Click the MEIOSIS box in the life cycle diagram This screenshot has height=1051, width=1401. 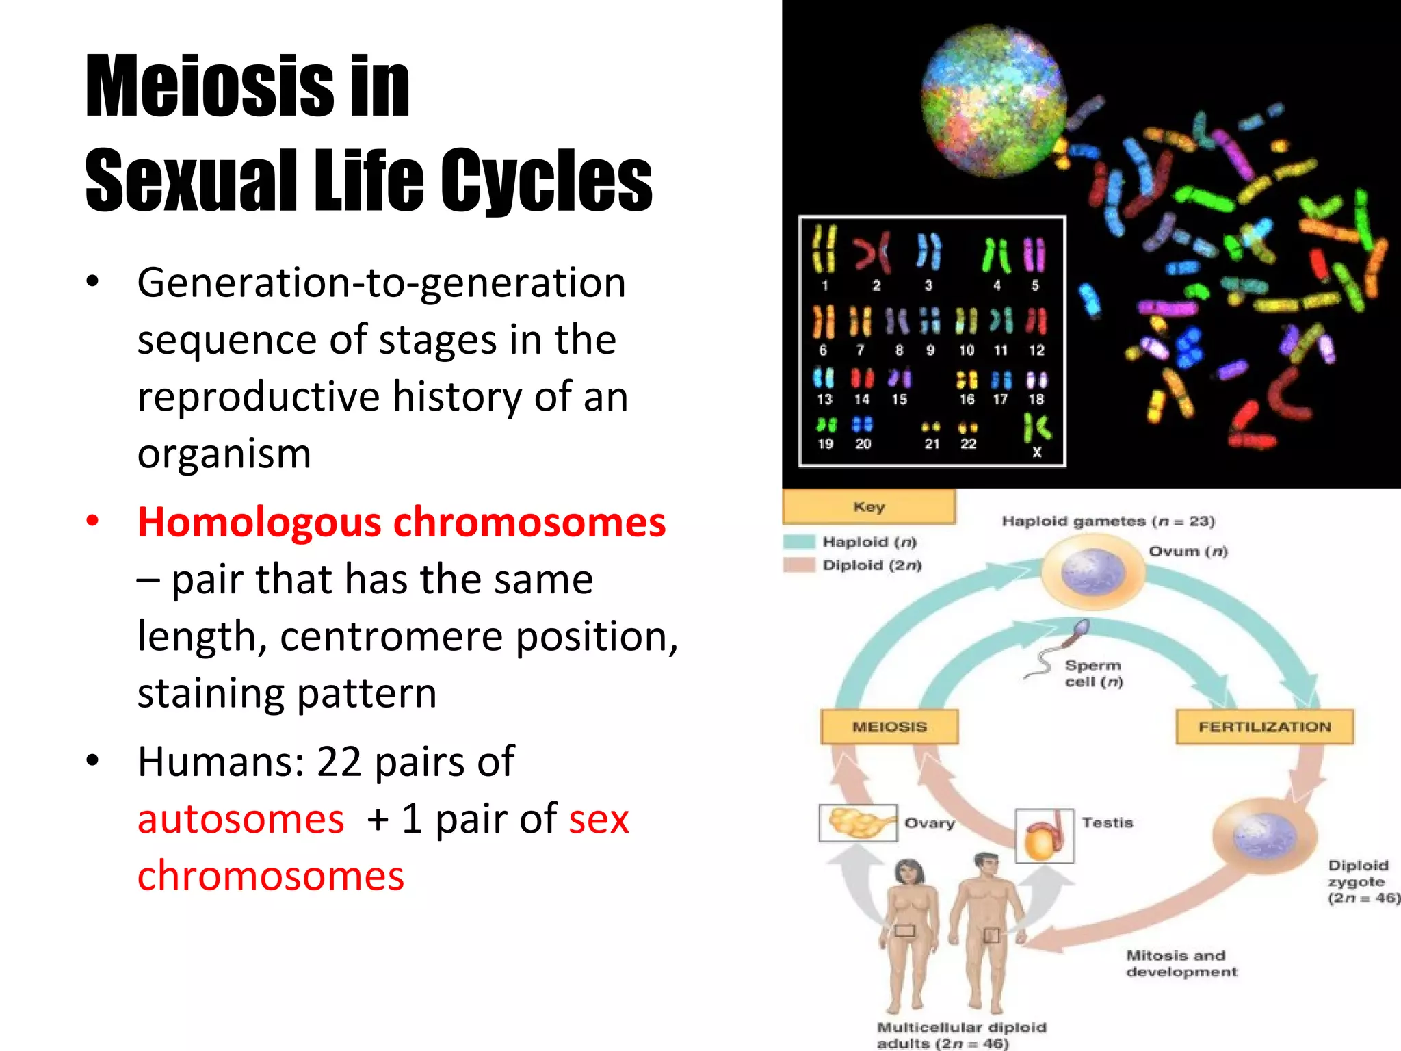(889, 727)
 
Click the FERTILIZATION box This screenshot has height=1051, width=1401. (1264, 727)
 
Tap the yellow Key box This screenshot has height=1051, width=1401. (868, 507)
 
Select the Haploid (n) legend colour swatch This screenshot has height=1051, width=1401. (800, 542)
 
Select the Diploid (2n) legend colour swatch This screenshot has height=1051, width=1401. (800, 565)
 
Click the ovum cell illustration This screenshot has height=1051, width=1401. (1092, 573)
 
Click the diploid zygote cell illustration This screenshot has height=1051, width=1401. (1264, 836)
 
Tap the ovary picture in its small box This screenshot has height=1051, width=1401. (858, 822)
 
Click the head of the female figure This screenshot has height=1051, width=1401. (909, 872)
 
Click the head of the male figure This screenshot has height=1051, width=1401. (986, 866)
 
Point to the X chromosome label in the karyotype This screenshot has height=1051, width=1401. (1037, 452)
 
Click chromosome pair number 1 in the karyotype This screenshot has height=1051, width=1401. (824, 250)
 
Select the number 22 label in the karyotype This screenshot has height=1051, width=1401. (968, 444)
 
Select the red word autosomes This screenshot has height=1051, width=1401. (241, 819)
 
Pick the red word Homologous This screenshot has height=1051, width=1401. (260, 522)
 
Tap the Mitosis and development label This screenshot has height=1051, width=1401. (1181, 963)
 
